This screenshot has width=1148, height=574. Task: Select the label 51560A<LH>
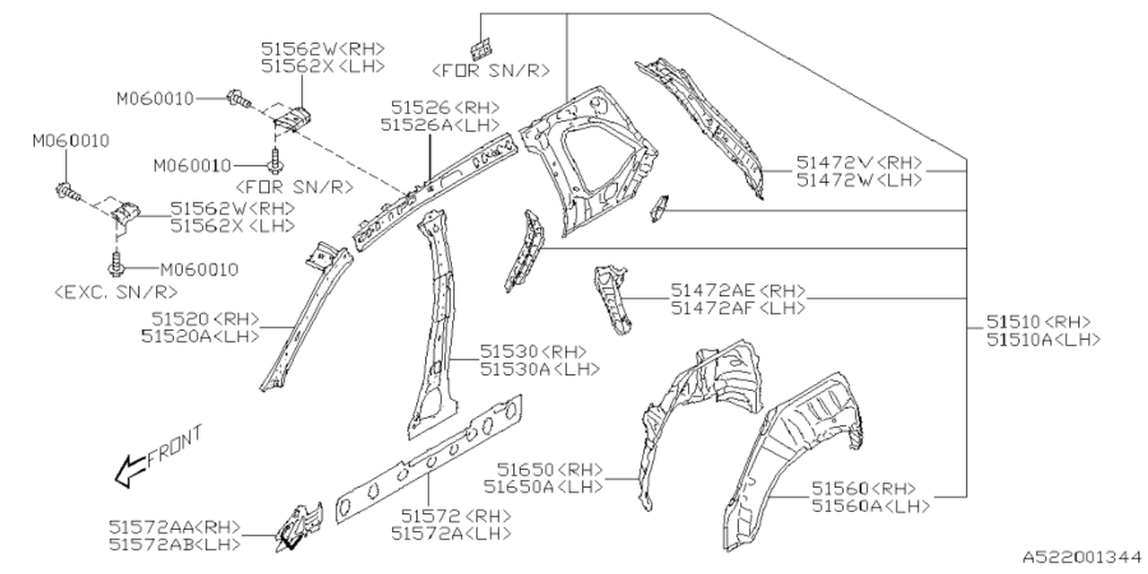pyautogui.click(x=870, y=506)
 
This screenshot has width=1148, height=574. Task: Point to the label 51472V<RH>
pyautogui.click(x=859, y=163)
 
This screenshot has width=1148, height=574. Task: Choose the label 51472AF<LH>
pyautogui.click(x=738, y=308)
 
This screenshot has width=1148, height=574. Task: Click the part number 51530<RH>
pyautogui.click(x=533, y=352)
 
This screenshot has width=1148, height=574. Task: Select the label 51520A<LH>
pyautogui.click(x=200, y=335)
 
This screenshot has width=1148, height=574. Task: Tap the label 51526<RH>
pyautogui.click(x=439, y=108)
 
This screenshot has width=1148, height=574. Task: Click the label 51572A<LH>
pyautogui.click(x=451, y=533)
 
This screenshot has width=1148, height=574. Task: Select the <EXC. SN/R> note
pyautogui.click(x=115, y=292)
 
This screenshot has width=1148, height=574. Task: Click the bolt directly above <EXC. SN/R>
pyautogui.click(x=116, y=265)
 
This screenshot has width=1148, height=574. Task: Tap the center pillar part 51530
pyautogui.click(x=436, y=323)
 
